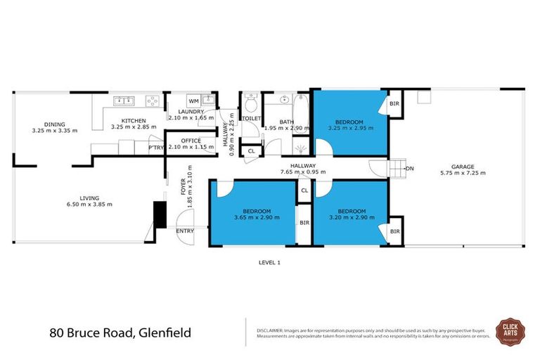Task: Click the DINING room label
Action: [x=54, y=123]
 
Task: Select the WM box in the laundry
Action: [x=194, y=102]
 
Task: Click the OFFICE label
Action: [x=191, y=141]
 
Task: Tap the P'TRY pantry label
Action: [x=155, y=148]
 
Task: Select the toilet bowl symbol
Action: [x=252, y=105]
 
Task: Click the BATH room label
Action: [x=286, y=122]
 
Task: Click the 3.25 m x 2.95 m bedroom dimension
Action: [x=349, y=128]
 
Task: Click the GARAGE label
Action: [x=461, y=167]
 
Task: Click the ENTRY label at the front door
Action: [x=185, y=231]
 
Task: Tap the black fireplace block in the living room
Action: [x=160, y=214]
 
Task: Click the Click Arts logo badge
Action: [x=509, y=331]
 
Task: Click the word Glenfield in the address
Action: [x=162, y=331]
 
